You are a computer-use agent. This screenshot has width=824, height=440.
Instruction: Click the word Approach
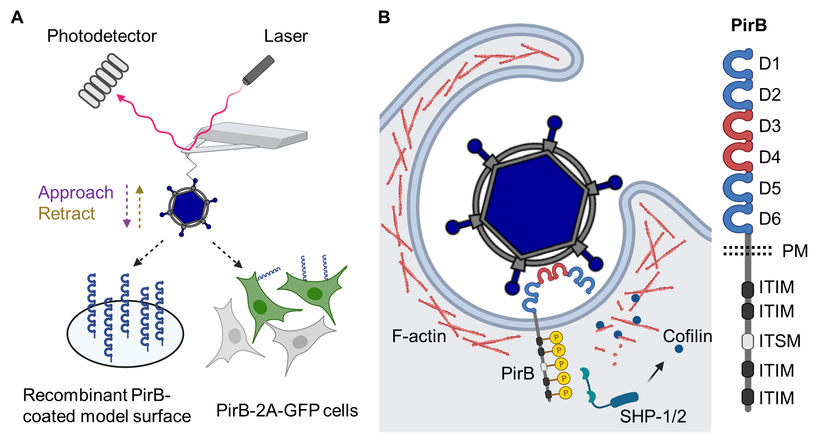(x=76, y=193)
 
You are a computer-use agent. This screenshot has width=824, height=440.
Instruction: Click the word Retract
(x=67, y=214)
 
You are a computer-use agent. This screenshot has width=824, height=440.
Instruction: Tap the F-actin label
(x=419, y=336)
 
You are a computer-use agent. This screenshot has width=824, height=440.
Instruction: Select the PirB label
(x=517, y=373)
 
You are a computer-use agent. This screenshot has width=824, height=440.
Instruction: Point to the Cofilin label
(x=687, y=336)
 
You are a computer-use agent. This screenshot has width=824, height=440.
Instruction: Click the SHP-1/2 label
(x=653, y=416)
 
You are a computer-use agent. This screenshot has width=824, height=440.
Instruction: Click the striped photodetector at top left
(x=103, y=80)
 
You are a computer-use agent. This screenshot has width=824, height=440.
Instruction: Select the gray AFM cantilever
(x=253, y=135)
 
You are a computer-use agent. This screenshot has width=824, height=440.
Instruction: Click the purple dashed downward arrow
(x=127, y=207)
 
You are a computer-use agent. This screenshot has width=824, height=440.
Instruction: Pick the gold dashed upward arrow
(x=139, y=207)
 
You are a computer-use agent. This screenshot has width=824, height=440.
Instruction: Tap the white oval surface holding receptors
(x=125, y=333)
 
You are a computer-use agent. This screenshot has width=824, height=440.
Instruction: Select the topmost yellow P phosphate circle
(x=556, y=337)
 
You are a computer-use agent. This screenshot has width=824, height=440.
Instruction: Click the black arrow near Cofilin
(x=656, y=372)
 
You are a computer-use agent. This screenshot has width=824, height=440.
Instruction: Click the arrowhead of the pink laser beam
(x=120, y=97)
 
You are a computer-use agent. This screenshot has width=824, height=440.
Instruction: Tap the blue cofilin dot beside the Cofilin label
(x=679, y=349)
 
